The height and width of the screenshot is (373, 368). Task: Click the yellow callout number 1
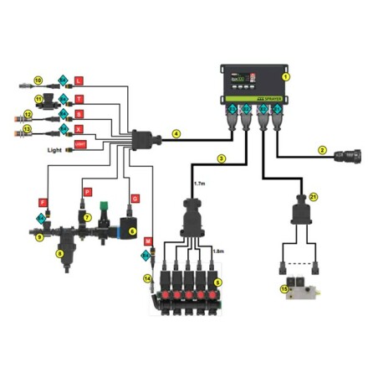pyautogui.click(x=286, y=76)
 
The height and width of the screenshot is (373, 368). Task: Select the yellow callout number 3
pyautogui.click(x=221, y=158)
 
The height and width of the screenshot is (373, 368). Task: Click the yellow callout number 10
pyautogui.click(x=38, y=80)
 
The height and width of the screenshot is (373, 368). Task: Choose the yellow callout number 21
pyautogui.click(x=314, y=196)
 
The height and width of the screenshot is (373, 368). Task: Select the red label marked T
pyautogui.click(x=79, y=98)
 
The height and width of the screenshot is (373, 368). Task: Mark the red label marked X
pyautogui.click(x=79, y=130)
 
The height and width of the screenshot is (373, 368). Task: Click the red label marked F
pyautogui.click(x=43, y=202)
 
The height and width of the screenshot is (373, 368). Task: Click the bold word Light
pyautogui.click(x=55, y=149)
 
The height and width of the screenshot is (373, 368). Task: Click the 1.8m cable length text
pyautogui.click(x=219, y=251)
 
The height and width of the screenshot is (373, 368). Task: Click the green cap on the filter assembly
pyautogui.click(x=103, y=205)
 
